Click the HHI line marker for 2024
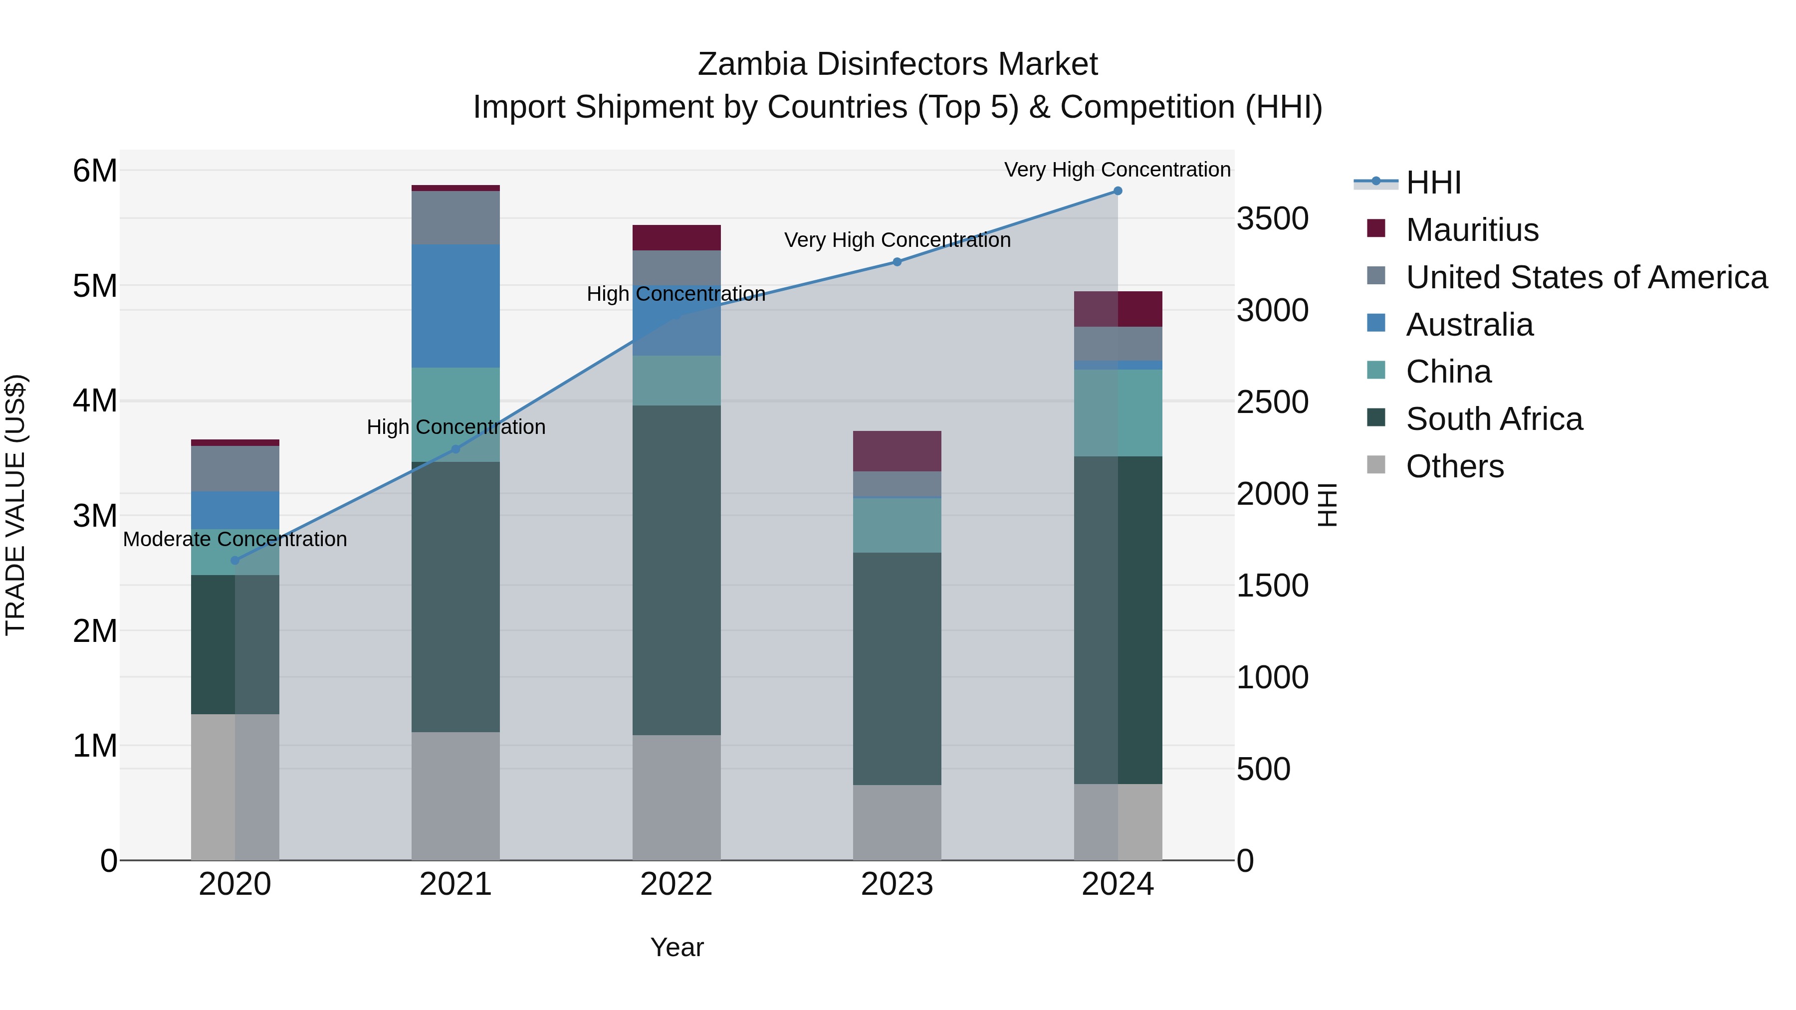point(1118,191)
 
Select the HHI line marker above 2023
point(898,262)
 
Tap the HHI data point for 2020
point(235,561)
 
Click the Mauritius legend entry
point(1472,230)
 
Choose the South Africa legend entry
point(1493,419)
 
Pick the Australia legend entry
point(1469,325)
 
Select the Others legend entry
point(1454,466)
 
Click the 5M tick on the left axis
point(95,286)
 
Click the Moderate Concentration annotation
point(235,540)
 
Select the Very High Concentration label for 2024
point(1117,170)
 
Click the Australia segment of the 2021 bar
point(455,306)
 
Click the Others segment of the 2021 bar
point(455,796)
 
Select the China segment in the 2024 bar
point(1118,413)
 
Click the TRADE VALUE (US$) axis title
point(16,505)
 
